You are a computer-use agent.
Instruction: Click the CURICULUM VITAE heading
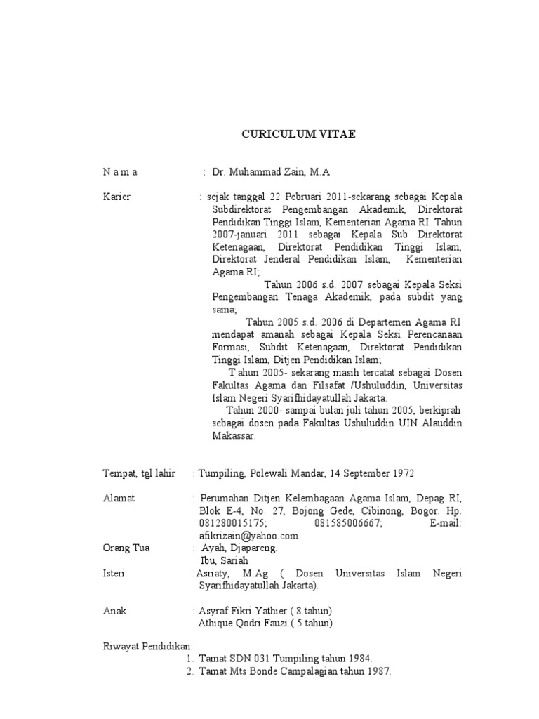[299, 133]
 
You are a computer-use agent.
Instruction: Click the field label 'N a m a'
[121, 171]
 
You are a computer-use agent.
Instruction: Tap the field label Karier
[117, 197]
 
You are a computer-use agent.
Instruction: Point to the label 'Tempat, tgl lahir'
[139, 473]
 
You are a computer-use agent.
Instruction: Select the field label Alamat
[119, 498]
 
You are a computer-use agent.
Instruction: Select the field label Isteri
[114, 573]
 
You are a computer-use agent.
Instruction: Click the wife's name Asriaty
[213, 573]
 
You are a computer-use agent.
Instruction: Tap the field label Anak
[114, 610]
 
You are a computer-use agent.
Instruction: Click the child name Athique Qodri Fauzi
[242, 623]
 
